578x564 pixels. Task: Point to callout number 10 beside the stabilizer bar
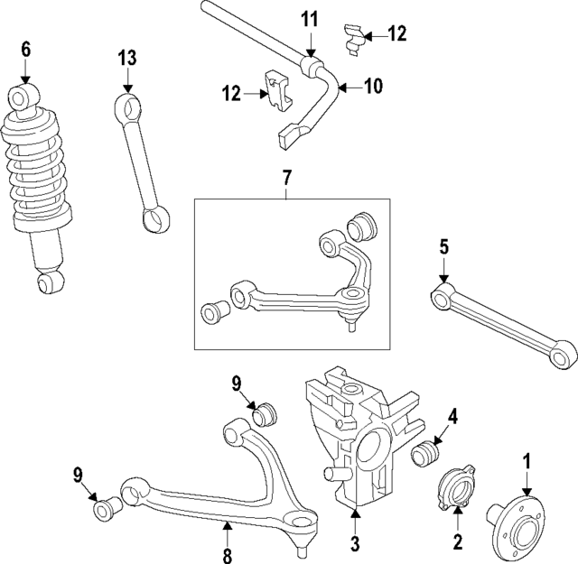(x=372, y=86)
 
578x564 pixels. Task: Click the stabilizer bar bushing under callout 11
(x=312, y=66)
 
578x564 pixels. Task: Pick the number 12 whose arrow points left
(x=396, y=34)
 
